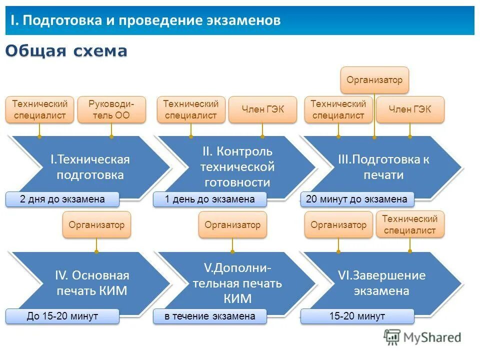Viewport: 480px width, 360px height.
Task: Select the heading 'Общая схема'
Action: coord(66,51)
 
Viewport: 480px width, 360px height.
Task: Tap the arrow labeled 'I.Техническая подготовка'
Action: coord(90,167)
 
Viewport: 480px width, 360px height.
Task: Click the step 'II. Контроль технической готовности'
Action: coord(237,166)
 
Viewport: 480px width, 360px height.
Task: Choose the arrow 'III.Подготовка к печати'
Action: coord(383,167)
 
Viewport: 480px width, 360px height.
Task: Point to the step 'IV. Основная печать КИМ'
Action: coord(91,283)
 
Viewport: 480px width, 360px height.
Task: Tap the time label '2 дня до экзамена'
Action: coord(62,199)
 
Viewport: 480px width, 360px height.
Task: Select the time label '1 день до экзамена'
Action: coord(210,199)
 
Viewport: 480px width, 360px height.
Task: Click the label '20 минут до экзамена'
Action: coord(357,199)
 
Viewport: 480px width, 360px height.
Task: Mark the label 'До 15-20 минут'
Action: coord(62,316)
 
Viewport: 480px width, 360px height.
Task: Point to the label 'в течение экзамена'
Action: coord(210,316)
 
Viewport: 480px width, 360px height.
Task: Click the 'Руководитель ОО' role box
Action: coord(111,109)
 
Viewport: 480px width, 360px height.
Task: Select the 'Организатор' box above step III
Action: coord(374,80)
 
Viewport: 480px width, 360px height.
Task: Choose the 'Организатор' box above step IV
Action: coord(96,224)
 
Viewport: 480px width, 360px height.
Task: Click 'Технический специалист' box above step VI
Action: coord(410,224)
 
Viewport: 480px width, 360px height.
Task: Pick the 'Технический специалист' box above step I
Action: coord(39,109)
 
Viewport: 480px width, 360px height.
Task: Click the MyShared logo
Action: coord(422,337)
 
